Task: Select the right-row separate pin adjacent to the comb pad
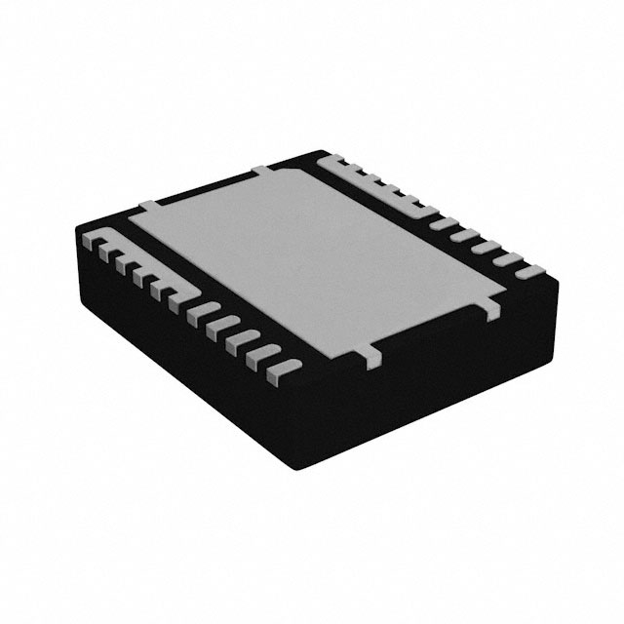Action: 444,222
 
